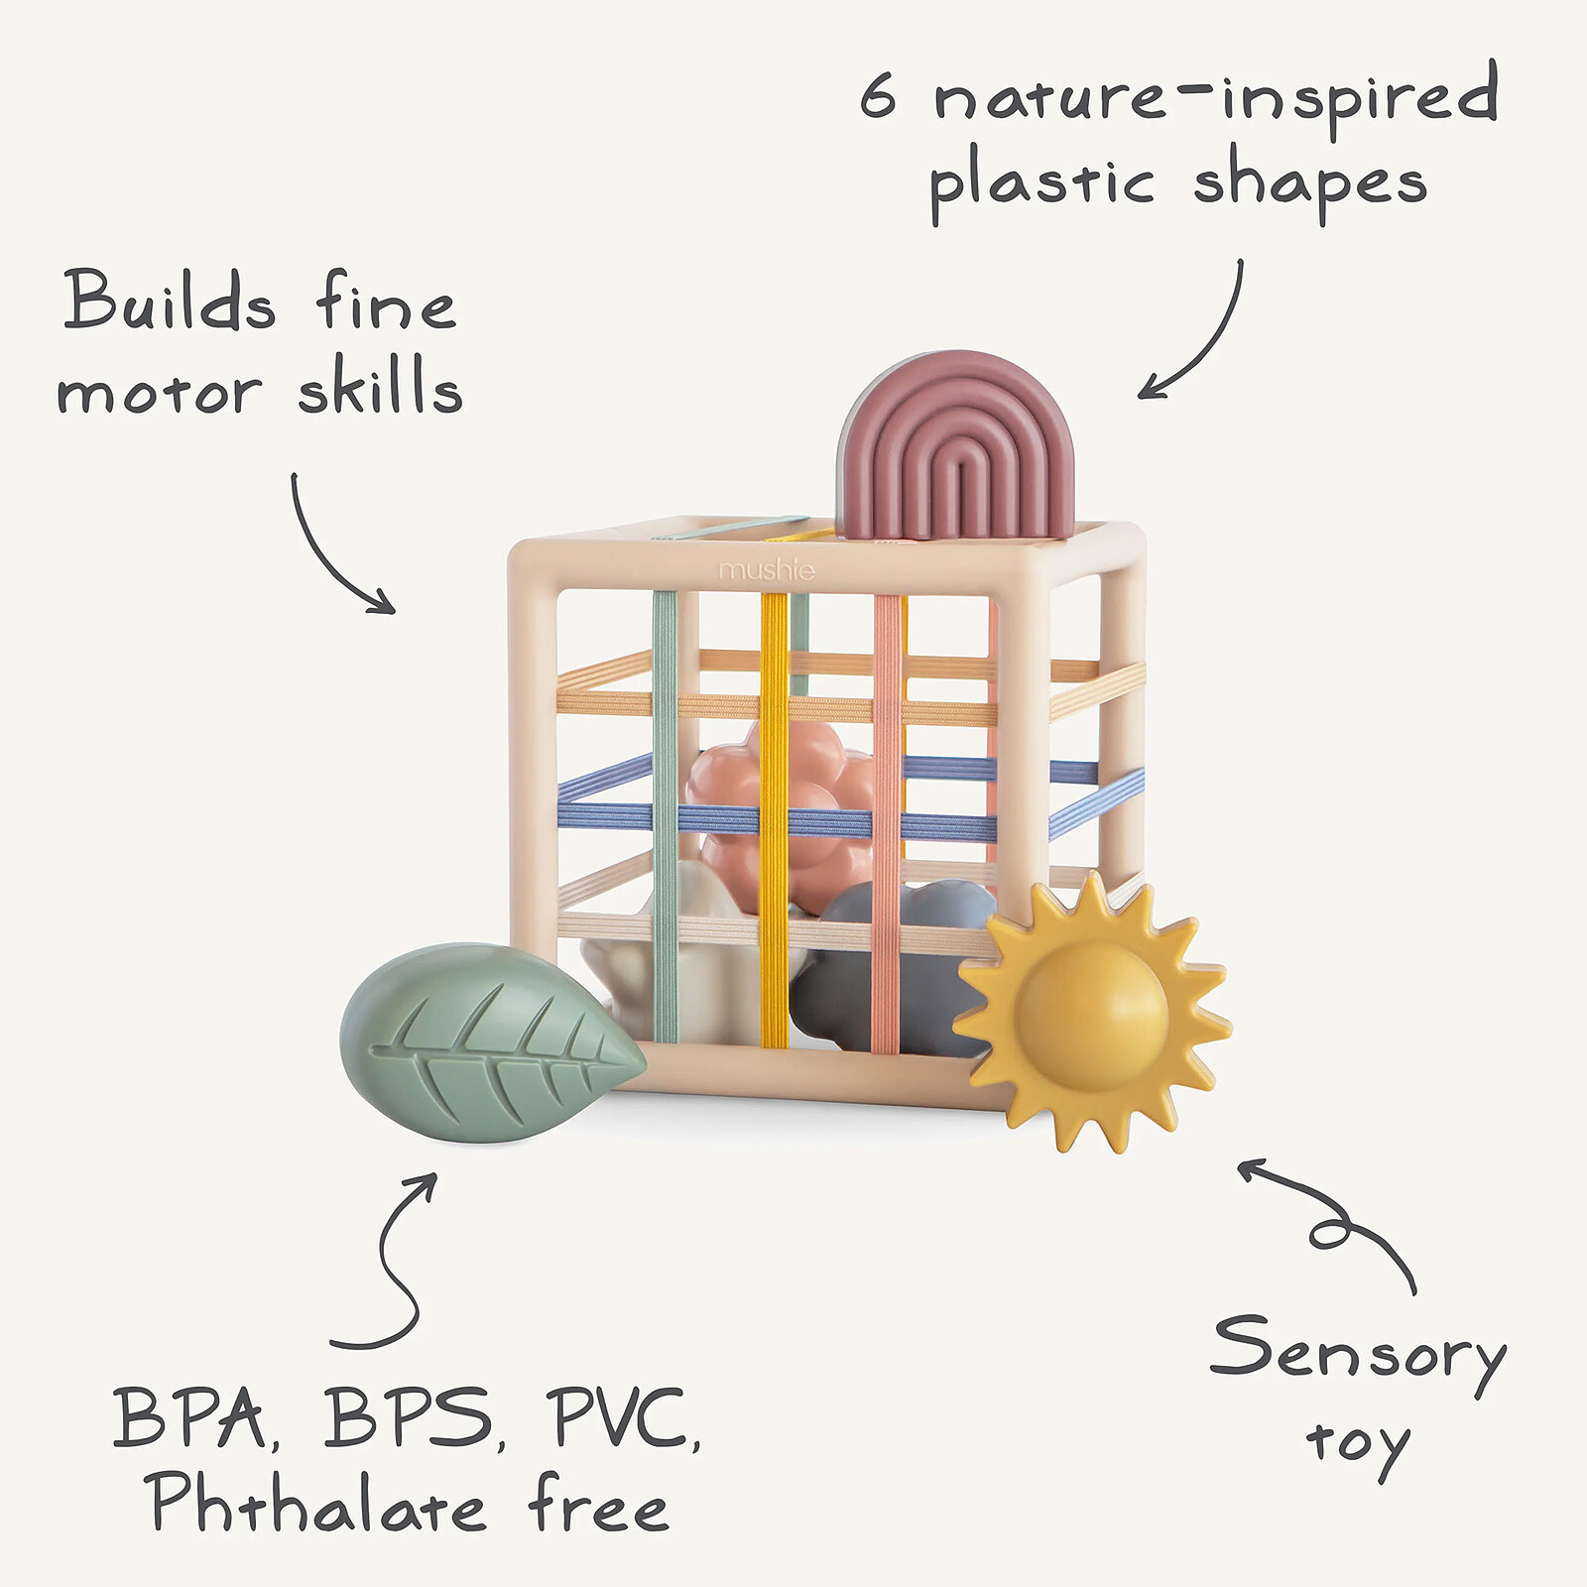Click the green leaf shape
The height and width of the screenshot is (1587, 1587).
point(486,1041)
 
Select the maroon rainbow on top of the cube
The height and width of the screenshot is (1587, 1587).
point(955,446)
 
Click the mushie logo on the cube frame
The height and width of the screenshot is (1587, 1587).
point(767,570)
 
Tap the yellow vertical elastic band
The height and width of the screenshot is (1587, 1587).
point(774,823)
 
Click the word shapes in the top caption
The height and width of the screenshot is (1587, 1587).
point(1309,184)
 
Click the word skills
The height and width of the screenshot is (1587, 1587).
point(380,387)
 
